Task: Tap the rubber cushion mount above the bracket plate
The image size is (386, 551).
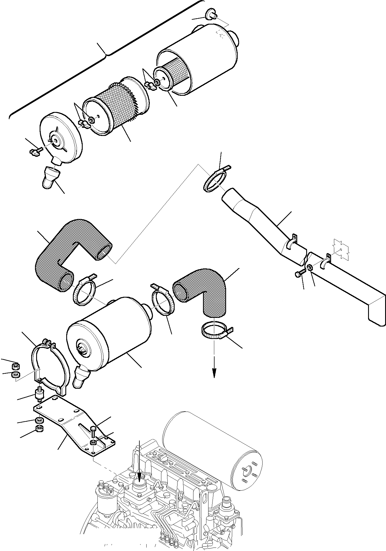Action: [40, 395]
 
